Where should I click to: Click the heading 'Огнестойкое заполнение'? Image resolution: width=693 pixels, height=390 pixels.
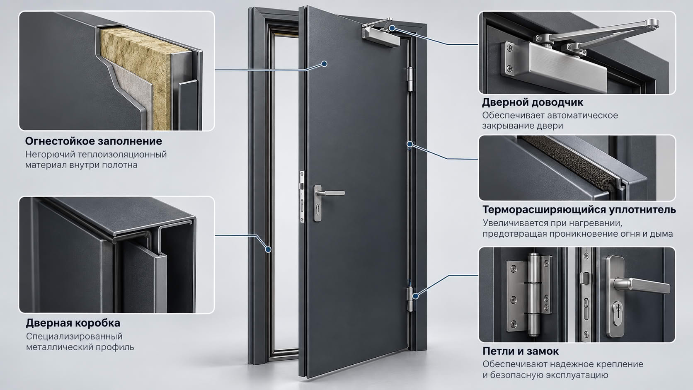[x=93, y=141]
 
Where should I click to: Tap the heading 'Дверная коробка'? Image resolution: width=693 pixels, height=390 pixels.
[x=73, y=323]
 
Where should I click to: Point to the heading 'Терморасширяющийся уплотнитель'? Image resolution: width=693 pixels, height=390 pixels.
[x=579, y=210]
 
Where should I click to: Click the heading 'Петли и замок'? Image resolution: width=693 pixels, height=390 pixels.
[x=521, y=351]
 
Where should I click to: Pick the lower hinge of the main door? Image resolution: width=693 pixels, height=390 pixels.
[x=409, y=299]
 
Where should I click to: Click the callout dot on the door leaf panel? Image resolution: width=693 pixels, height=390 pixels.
[x=324, y=64]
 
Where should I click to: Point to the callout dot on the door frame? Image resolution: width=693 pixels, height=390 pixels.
[x=269, y=250]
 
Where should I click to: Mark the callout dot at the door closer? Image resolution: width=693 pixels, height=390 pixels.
[x=392, y=28]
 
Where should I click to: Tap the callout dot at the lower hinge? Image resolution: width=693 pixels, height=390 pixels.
[x=415, y=296]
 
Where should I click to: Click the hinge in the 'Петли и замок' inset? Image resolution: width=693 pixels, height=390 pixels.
[x=529, y=294]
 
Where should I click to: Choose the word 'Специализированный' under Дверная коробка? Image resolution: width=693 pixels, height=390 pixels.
[x=74, y=337]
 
